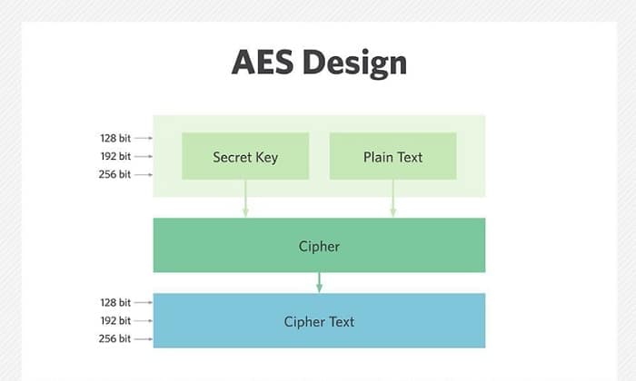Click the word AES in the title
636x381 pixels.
pyautogui.click(x=263, y=63)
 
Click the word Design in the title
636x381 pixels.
pyautogui.click(x=354, y=63)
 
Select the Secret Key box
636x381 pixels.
pyautogui.click(x=245, y=156)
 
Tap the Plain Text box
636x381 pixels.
pyautogui.click(x=393, y=156)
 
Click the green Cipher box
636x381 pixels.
pyautogui.click(x=319, y=245)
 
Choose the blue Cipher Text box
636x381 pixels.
pyautogui.click(x=319, y=320)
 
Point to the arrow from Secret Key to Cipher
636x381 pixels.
pyautogui.click(x=245, y=199)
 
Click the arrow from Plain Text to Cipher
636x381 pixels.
pyautogui.click(x=393, y=199)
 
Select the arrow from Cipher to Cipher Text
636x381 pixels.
pyautogui.click(x=319, y=283)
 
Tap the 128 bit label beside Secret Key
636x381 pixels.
pyautogui.click(x=115, y=138)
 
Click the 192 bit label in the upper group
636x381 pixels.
pyautogui.click(x=115, y=156)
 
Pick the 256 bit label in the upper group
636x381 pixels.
pyautogui.click(x=114, y=174)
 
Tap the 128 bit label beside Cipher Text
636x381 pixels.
pyautogui.click(x=115, y=302)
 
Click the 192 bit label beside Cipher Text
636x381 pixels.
pyautogui.click(x=115, y=320)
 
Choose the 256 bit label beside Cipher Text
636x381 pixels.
pyautogui.click(x=114, y=339)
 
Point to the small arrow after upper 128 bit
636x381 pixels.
pyautogui.click(x=144, y=138)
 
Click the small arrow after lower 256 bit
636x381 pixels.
pyautogui.click(x=144, y=339)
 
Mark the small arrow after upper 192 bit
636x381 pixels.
pyautogui.click(x=144, y=156)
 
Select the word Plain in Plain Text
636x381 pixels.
pyautogui.click(x=377, y=157)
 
